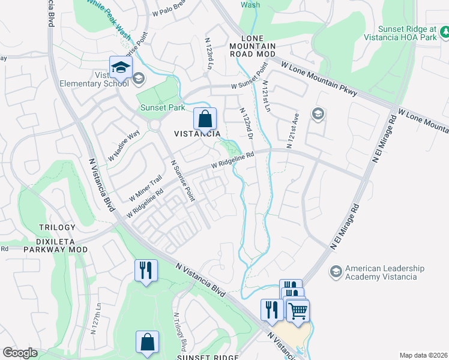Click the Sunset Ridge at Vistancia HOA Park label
pos(406,33)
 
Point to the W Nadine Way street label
pos(124,146)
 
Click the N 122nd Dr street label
pos(247,125)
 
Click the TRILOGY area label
pos(57,227)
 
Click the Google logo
pos(20,353)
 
